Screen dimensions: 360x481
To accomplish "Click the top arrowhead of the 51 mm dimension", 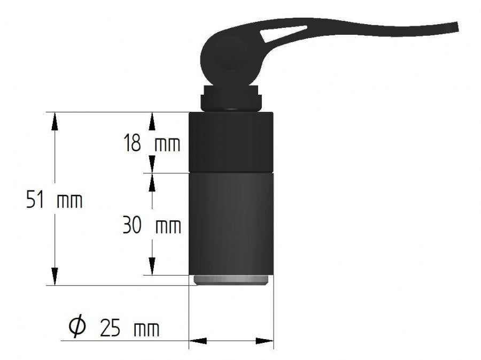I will (54, 121).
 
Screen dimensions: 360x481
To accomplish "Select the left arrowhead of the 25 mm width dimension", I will (198, 341).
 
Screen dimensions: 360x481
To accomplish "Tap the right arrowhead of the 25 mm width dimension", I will (265, 341).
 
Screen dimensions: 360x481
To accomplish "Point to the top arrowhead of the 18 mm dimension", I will (152, 121).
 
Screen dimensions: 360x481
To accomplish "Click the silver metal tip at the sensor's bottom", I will (231, 280).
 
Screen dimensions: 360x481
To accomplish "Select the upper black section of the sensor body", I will (231, 142).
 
